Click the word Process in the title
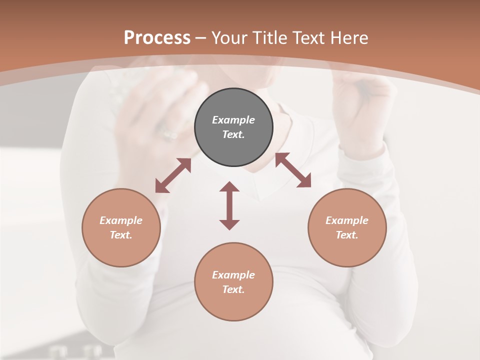tap(157, 38)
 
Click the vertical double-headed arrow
tap(229, 205)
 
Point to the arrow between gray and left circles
tap(173, 175)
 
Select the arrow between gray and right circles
tap(293, 170)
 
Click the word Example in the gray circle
tap(233, 120)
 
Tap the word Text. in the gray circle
tap(233, 134)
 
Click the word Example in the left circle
tap(121, 220)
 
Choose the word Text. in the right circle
tap(347, 235)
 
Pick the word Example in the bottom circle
tap(233, 275)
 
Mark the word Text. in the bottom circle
tap(233, 289)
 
